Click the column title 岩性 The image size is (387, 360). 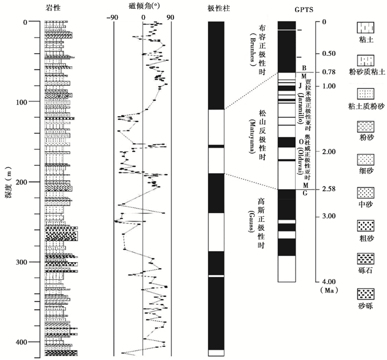click(56, 6)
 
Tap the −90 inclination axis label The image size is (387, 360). click(114, 17)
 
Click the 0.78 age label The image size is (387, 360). click(330, 72)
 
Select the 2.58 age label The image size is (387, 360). click(330, 189)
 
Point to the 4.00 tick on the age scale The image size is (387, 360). click(330, 281)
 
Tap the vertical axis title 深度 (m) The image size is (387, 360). click(8, 182)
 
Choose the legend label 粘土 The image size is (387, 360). click(365, 40)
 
